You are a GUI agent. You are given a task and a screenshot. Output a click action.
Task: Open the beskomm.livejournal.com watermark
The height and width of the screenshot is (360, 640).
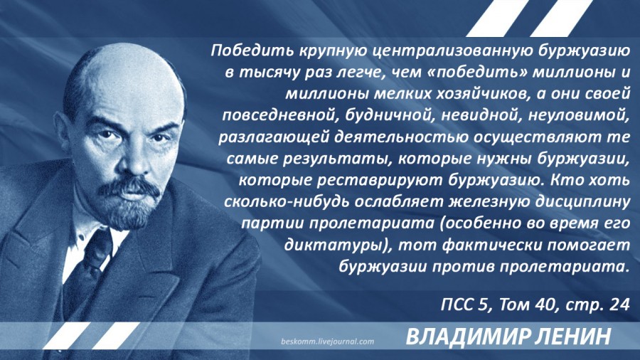[x=327, y=342]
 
